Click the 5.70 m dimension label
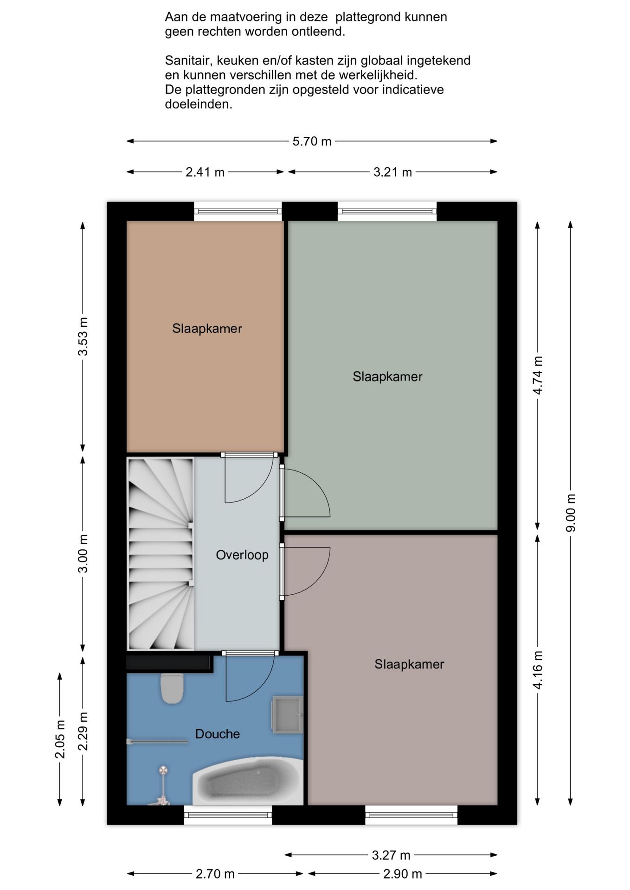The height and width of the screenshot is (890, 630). click(x=312, y=141)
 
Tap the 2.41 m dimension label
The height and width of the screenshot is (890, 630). click(x=205, y=172)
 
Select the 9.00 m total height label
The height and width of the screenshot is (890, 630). click(x=571, y=513)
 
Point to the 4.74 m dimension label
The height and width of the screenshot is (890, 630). click(x=537, y=375)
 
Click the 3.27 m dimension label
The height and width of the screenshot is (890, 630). click(x=391, y=855)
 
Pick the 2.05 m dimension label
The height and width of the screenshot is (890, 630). click(x=60, y=739)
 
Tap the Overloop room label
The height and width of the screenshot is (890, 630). click(x=242, y=555)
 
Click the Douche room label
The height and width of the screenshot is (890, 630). click(x=218, y=734)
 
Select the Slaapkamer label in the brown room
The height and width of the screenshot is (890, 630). click(x=207, y=329)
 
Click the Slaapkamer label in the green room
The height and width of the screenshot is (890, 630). click(x=387, y=376)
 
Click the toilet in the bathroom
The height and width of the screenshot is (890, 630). click(x=172, y=688)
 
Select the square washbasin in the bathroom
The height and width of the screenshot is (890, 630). click(x=287, y=714)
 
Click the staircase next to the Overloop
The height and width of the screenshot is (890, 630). click(x=161, y=553)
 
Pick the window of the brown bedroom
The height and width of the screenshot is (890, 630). click(x=238, y=211)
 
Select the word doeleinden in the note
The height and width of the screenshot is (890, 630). click(x=199, y=104)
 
